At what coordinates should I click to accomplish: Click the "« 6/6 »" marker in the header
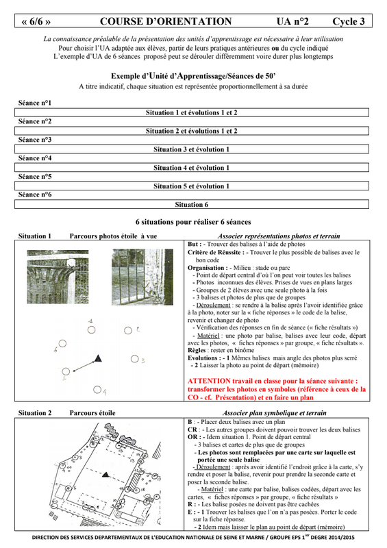pos(36,22)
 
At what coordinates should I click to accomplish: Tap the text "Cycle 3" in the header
pos(348,21)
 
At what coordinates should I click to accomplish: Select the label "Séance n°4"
pos(35,158)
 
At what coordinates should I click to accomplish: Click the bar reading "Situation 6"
pos(192,204)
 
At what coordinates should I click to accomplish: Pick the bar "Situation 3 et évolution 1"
pos(192,149)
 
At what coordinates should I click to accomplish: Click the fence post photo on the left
pos(58,277)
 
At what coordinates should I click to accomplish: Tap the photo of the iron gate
pos(142,277)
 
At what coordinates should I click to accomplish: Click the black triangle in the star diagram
pos(98,358)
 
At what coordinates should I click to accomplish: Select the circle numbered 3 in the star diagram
pos(134,358)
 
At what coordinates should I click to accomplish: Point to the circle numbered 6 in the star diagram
pos(62,343)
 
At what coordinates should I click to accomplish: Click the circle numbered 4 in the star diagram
pos(97,389)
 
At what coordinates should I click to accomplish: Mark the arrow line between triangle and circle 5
pos(84,366)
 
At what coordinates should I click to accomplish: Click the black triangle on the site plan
pos(105,475)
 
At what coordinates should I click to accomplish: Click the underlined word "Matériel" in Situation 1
pos(208,336)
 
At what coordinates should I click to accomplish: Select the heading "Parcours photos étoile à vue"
pos(113,236)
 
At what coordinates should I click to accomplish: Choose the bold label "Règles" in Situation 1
pos(197,350)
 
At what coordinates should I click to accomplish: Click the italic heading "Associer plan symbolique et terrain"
pos(275,413)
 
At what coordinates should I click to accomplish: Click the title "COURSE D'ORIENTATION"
pos(166,21)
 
